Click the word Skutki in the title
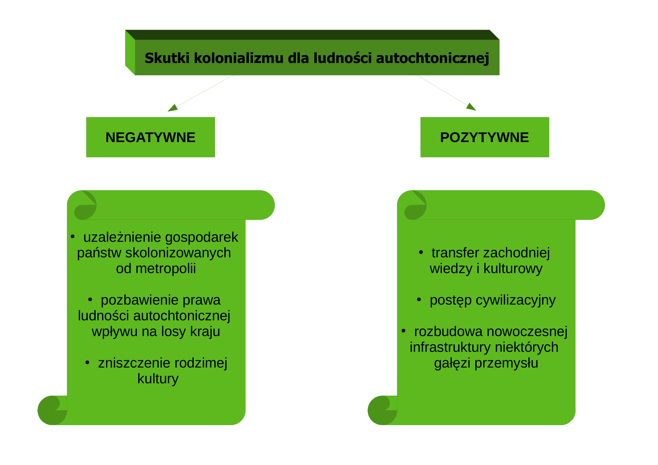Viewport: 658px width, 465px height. (x=167, y=58)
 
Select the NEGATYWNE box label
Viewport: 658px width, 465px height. (x=150, y=137)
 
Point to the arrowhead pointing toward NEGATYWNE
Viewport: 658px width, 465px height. (x=173, y=108)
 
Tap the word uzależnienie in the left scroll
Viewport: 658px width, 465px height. (x=122, y=237)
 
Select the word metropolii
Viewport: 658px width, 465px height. (x=166, y=269)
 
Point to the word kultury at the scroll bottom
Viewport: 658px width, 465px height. (x=158, y=379)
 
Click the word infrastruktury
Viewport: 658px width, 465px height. (x=450, y=347)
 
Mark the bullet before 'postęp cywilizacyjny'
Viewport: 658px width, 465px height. (x=419, y=300)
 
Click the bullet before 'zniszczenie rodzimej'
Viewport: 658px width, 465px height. (x=87, y=362)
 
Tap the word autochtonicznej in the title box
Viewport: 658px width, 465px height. (x=433, y=58)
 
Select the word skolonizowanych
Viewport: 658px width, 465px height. (x=178, y=253)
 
